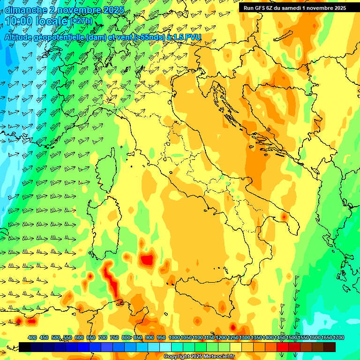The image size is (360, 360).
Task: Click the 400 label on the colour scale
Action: (32, 337)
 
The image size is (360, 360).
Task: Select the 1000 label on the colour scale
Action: (174, 337)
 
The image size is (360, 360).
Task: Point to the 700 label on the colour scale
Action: (103, 337)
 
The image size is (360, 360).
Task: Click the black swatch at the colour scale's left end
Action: (25, 347)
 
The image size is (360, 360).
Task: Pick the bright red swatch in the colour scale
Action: (283, 347)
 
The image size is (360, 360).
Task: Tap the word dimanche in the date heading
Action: (24, 10)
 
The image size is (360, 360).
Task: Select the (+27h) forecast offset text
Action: (81, 21)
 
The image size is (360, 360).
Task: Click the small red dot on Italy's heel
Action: (284, 217)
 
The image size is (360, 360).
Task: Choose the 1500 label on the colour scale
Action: (292, 337)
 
